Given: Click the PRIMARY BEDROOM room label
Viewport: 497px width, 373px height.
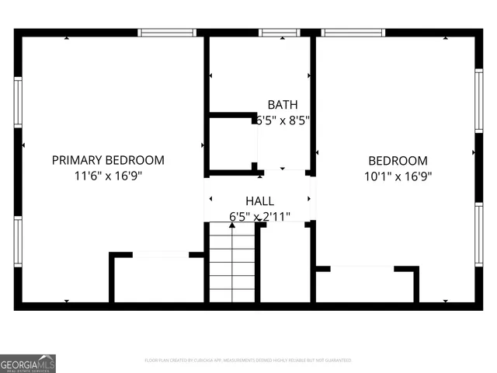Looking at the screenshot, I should pos(108,160).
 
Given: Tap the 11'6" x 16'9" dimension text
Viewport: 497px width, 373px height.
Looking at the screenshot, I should pos(108,176).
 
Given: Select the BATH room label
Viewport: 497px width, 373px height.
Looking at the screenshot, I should pos(282,105).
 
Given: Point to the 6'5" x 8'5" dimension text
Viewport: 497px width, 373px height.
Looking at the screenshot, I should pos(283,120).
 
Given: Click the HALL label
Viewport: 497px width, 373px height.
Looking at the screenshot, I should pos(259,201).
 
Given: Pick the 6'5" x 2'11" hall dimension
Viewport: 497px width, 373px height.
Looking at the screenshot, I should pos(259,216).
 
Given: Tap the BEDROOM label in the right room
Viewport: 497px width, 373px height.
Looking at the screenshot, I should pos(398,161).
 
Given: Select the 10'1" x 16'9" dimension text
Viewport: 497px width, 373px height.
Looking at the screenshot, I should pos(398,176).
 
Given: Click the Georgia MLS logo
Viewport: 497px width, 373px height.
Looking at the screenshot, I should pos(28,363).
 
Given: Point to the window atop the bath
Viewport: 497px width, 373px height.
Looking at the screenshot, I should pos(280,33).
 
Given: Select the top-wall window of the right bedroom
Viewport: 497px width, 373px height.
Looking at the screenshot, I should pos(354,33).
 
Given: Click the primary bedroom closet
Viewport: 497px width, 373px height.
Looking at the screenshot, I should pos(159,280).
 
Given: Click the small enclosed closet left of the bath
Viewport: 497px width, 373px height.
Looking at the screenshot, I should pos(231,144).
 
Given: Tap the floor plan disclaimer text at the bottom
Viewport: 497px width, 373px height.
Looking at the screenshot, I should pos(248,361).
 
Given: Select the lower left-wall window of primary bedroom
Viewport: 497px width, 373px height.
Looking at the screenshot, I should pos(18,241).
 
